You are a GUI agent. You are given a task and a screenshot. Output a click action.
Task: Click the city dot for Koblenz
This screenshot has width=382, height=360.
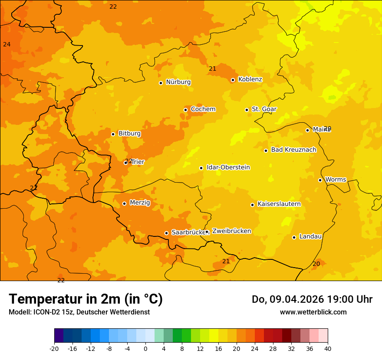(x=233, y=80)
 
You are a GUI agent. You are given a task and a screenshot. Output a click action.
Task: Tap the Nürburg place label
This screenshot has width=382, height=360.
(x=178, y=82)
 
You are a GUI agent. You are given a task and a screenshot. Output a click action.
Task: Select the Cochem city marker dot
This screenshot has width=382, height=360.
(x=185, y=110)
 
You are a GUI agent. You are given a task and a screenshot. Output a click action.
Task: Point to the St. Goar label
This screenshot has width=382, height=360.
(x=264, y=109)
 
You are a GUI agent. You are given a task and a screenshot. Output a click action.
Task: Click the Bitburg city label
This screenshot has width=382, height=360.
(x=129, y=134)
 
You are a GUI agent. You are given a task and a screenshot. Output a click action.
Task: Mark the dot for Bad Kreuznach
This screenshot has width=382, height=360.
(x=266, y=151)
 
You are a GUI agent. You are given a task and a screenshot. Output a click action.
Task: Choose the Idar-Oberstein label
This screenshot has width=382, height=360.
(x=228, y=167)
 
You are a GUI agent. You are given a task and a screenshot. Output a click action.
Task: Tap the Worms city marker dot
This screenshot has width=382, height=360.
(x=320, y=180)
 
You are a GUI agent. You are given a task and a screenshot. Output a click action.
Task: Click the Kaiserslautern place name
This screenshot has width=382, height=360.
(x=279, y=204)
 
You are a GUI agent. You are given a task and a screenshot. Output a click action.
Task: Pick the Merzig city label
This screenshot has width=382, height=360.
(x=140, y=203)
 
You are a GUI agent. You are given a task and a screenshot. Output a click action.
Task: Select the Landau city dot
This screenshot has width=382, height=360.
(x=294, y=237)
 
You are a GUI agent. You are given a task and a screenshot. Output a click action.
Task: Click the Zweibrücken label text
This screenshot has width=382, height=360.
(x=231, y=231)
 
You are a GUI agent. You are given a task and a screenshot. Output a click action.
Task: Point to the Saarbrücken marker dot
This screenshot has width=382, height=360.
(x=166, y=233)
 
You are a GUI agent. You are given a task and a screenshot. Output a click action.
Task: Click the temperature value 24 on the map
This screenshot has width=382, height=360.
(x=7, y=44)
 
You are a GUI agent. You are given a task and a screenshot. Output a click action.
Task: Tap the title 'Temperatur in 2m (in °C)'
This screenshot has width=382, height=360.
(x=86, y=299)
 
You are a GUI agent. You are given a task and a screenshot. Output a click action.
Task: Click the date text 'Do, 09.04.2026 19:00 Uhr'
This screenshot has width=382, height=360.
(x=312, y=299)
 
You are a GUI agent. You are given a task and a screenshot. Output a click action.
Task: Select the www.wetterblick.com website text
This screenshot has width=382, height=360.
(x=313, y=312)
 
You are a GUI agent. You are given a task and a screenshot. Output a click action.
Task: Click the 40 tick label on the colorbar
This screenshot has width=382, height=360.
(x=327, y=349)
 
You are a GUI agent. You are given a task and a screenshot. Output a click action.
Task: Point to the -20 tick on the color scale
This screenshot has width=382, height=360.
(x=54, y=349)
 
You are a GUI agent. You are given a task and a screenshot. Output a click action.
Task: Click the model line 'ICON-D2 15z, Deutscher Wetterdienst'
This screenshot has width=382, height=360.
(x=79, y=312)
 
